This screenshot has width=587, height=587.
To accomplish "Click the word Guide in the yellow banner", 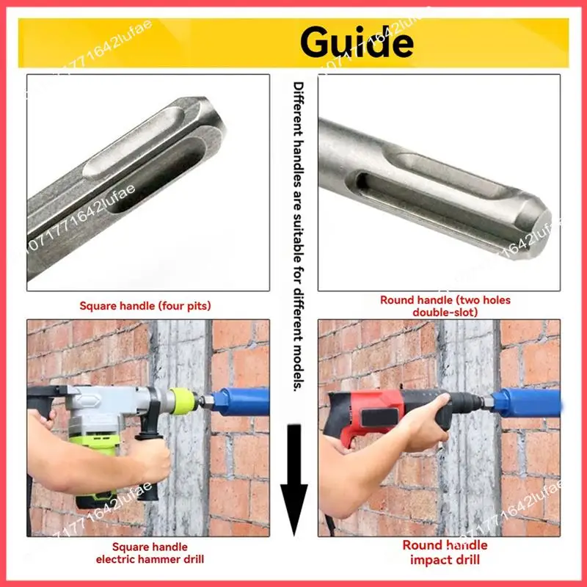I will (x=357, y=43).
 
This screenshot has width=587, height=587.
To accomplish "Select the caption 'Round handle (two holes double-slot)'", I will (x=445, y=305).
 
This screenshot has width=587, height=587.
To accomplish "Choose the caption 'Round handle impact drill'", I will (x=445, y=553).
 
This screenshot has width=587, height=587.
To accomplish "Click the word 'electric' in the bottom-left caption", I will (x=118, y=560).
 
